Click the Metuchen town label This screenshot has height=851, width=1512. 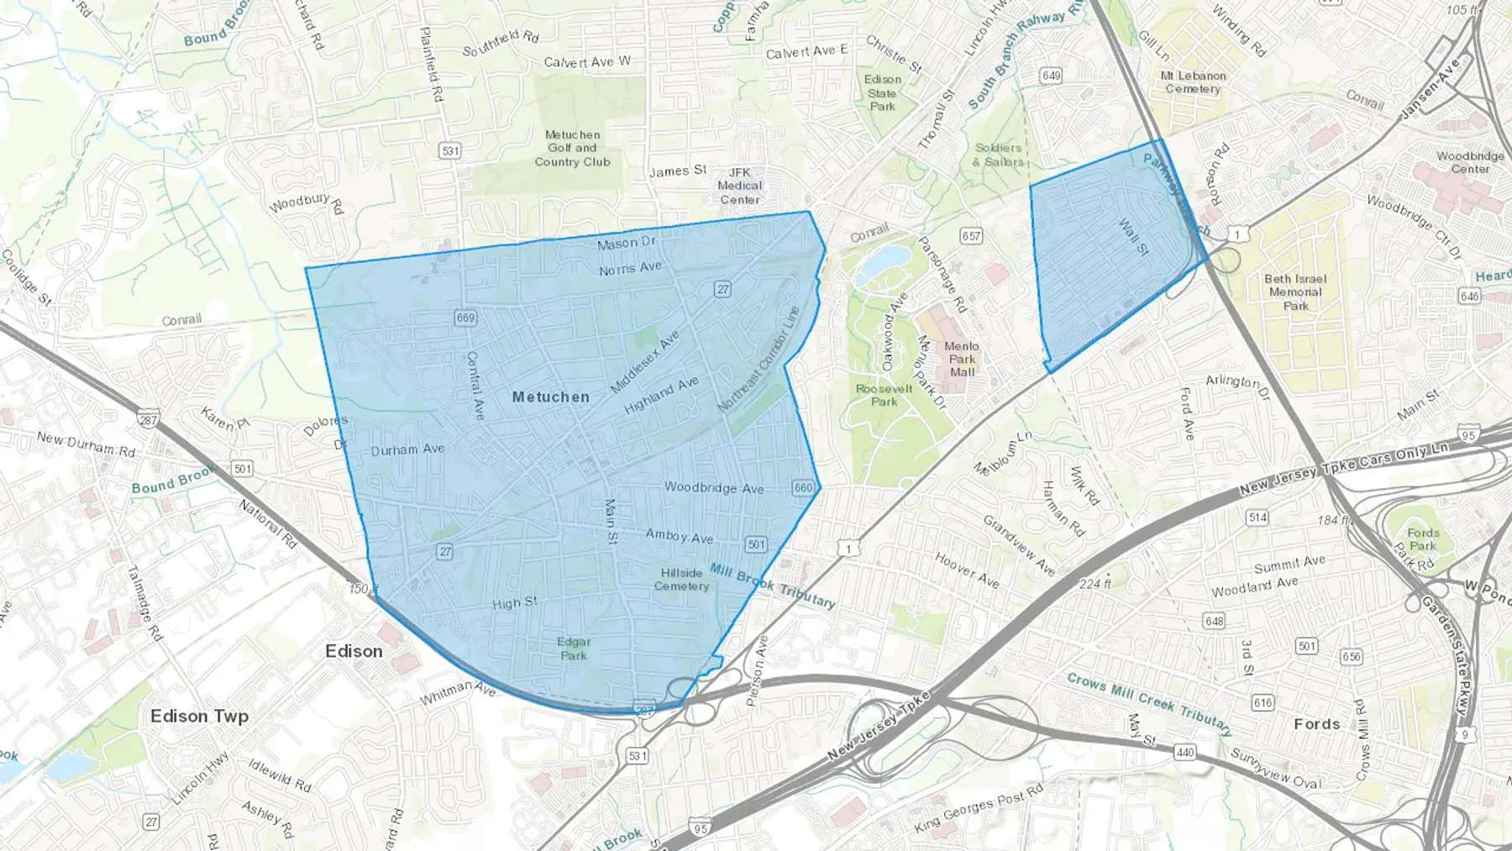551,397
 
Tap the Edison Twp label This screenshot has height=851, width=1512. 199,716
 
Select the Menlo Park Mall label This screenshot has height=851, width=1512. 962,359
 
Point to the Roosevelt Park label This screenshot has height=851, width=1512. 884,395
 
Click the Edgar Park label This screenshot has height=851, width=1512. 574,649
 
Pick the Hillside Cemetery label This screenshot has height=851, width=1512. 681,580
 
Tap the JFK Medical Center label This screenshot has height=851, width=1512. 739,186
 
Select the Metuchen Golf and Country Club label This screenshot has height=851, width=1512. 572,148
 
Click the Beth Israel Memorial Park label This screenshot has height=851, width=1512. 1295,292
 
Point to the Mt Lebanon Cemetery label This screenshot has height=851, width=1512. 1193,81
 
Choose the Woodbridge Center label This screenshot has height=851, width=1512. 1470,162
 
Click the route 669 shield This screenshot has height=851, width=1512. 465,318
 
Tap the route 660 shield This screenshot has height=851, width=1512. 803,487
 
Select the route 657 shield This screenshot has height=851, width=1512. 971,236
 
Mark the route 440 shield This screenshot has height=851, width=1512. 1185,752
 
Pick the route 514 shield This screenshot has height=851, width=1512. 1257,517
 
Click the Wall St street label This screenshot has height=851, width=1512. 1133,236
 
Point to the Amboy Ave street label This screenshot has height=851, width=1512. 679,536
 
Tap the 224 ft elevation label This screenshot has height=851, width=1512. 1095,583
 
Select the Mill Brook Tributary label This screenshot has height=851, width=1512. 773,585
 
